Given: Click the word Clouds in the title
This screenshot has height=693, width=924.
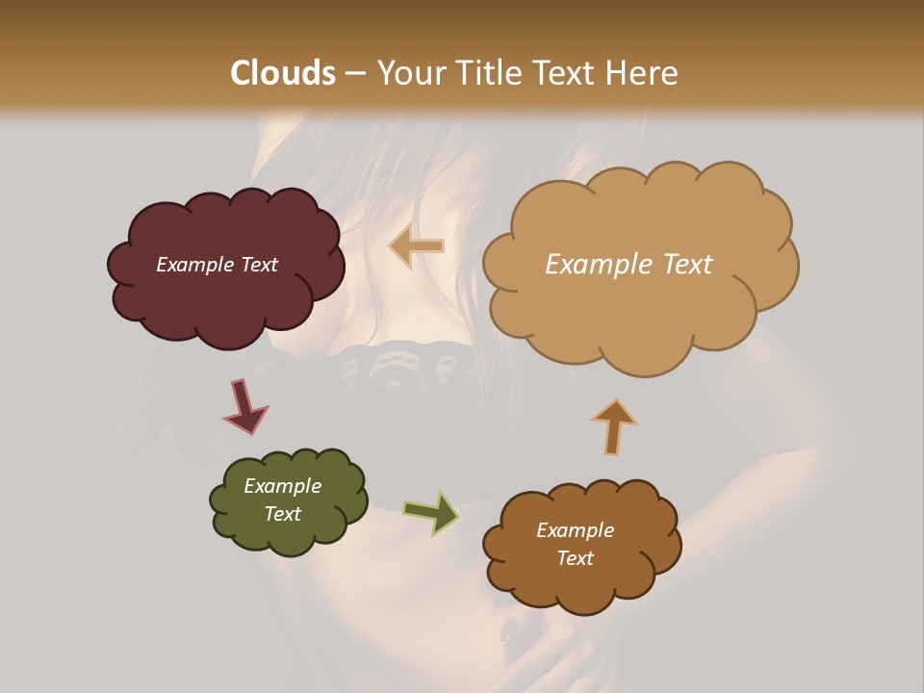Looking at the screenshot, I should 283,73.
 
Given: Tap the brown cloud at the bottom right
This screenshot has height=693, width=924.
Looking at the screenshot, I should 581,587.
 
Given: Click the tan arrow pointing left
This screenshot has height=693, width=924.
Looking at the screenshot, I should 417,246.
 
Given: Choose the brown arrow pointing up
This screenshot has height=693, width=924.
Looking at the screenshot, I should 614,426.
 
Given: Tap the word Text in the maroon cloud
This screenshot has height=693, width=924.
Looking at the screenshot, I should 259,265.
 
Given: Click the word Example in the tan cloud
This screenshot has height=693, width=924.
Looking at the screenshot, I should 600,265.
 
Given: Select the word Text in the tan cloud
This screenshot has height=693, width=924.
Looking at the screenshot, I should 687,265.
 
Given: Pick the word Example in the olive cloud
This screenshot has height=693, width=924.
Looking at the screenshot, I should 282,486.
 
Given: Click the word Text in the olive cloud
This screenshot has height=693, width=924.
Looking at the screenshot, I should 282,514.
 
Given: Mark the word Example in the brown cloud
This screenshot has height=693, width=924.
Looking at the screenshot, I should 575,530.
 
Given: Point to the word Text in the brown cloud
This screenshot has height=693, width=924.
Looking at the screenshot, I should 575,558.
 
